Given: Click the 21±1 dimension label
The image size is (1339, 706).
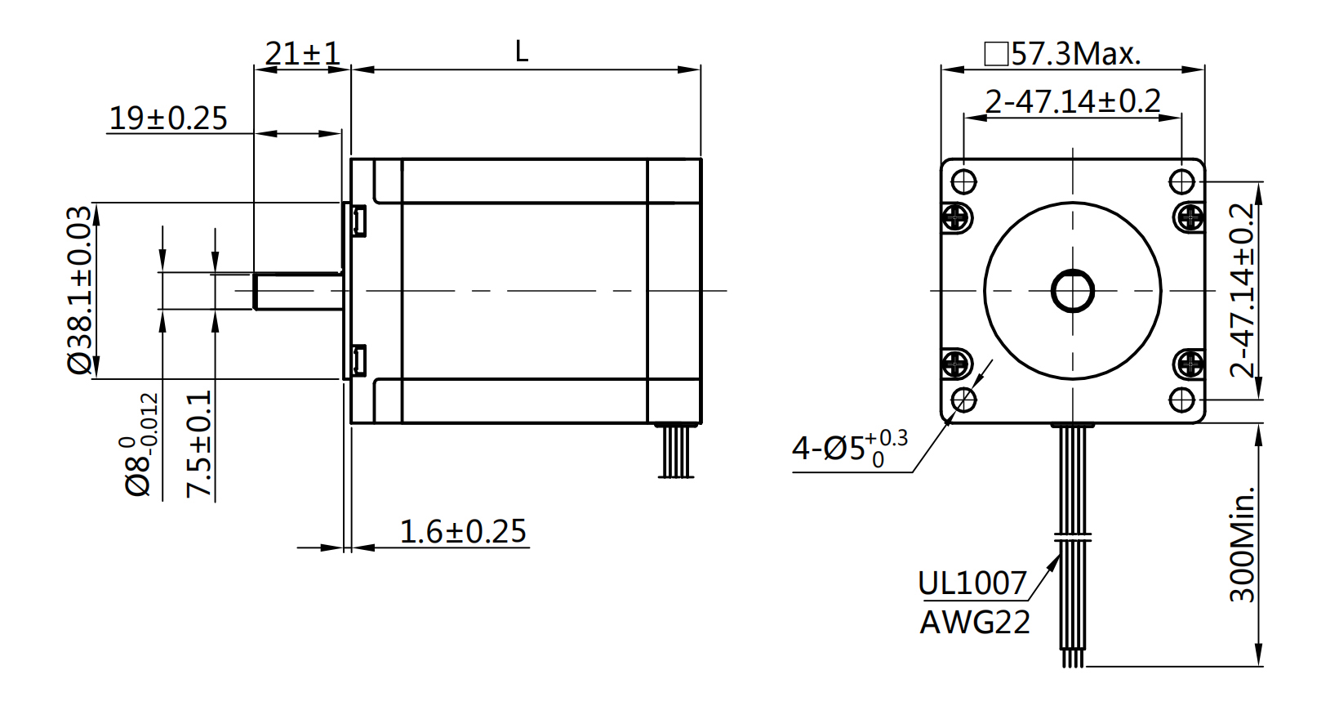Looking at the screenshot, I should point(302,54).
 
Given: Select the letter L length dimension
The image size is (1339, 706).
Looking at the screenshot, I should point(522,52).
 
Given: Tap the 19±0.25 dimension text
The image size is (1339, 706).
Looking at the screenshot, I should point(168,118).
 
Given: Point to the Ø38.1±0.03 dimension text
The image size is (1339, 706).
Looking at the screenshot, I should point(80,290).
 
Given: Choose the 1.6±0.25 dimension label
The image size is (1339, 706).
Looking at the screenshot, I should point(463,532).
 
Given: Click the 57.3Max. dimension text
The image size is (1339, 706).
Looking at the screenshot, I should point(1063,54).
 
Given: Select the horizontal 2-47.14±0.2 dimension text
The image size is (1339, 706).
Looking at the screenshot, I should point(1072,101).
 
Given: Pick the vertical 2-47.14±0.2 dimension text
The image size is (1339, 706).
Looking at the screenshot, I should point(1241,290).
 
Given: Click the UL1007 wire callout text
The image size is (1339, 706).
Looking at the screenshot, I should point(972,583).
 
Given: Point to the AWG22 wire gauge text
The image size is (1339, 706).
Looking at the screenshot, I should point(975,623).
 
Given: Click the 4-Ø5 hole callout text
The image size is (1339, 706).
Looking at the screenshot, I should point(849,448).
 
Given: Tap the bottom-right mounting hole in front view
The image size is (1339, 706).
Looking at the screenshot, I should point(1181,400).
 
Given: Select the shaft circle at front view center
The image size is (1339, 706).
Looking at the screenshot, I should point(1072,290).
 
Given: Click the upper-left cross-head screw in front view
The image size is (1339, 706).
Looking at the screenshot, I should point(956,217).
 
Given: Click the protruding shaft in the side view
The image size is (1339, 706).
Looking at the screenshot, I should point(297,292).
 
